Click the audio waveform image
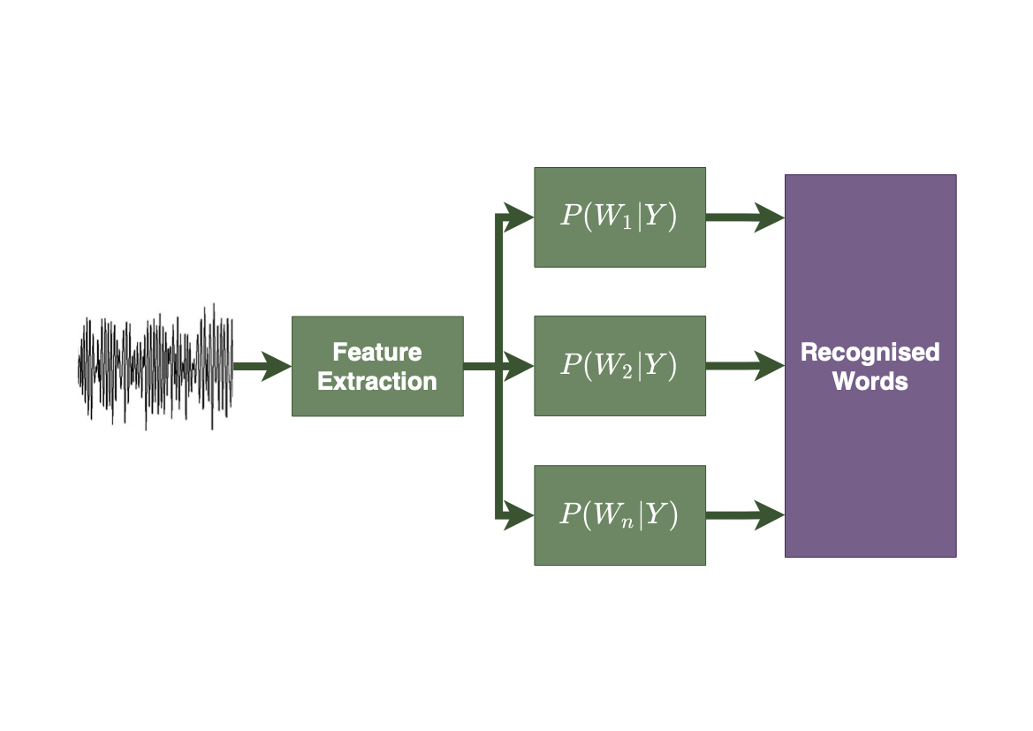point(156,366)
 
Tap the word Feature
point(377,352)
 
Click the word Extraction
point(377,382)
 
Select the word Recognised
point(870,352)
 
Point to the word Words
point(870,382)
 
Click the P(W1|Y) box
point(619,217)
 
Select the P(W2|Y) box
point(619,366)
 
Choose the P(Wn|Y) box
point(619,515)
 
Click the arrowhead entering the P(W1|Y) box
point(519,217)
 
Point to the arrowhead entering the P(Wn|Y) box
point(519,514)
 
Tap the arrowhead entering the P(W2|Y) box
point(519,366)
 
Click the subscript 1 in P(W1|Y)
point(627,224)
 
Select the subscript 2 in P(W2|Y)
point(627,372)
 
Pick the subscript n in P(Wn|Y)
point(627,522)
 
